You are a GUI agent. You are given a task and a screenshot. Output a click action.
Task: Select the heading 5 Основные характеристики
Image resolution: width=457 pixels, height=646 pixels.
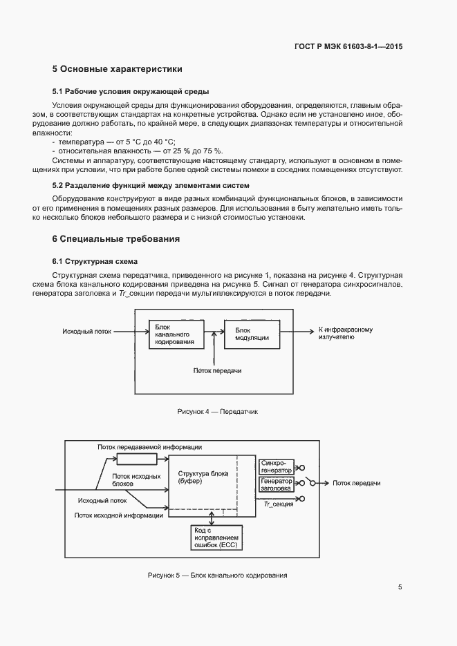tap(117, 69)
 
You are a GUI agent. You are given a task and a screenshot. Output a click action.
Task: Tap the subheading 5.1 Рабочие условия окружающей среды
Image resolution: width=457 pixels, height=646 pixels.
tap(131, 91)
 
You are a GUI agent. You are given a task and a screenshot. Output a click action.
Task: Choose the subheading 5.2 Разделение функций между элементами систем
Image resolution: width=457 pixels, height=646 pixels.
tap(151, 185)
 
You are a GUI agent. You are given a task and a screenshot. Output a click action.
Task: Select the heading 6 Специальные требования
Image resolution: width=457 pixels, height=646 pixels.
tap(115, 239)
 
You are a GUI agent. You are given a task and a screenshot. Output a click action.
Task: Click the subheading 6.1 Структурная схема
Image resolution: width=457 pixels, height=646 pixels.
tap(95, 261)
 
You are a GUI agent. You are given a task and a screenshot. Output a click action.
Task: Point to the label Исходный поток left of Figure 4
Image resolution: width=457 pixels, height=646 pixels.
tap(87, 332)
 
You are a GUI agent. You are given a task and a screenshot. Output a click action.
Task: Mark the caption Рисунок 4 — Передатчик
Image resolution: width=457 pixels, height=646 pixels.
tap(217, 411)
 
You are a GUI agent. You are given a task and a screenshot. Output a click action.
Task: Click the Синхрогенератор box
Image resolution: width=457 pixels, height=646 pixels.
tap(276, 466)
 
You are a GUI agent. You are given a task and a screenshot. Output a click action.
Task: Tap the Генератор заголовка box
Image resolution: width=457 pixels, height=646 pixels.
tap(276, 484)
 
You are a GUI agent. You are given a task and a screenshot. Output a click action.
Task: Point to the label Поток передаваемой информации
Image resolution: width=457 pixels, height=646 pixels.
tap(149, 446)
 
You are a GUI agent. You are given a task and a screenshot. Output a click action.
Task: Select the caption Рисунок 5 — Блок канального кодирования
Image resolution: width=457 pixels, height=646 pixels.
tap(217, 575)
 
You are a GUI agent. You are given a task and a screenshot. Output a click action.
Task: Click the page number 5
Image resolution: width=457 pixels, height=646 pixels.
tap(400, 587)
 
